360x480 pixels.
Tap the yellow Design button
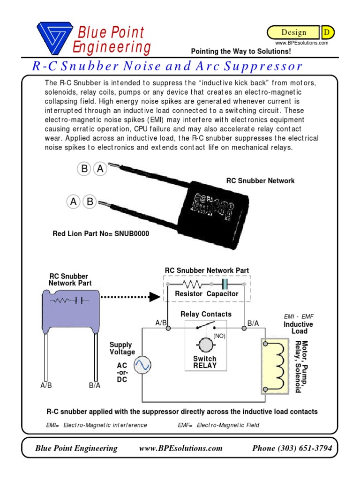294,32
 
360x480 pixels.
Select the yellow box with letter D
327,32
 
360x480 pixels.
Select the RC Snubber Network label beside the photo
261,180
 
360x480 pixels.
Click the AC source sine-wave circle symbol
142,365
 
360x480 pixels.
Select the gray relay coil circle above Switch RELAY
205,345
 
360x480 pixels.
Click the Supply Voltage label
122,348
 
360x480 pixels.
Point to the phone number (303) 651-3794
292,448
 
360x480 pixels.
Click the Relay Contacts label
206,314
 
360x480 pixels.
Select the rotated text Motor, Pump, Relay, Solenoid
301,367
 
